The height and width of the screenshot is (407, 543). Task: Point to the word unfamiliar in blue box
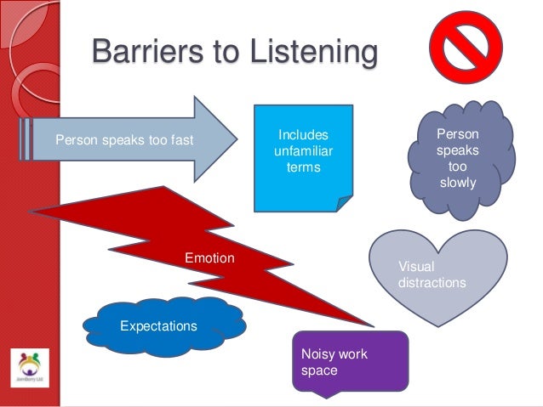[304, 151]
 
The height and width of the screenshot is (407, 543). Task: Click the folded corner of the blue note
[342, 202]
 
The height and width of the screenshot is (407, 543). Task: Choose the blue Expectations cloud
[159, 325]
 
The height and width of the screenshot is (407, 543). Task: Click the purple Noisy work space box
[348, 361]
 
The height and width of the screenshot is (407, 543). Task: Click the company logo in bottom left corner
[29, 368]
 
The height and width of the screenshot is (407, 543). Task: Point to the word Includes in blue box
[303, 135]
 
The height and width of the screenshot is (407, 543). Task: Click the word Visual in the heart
[416, 267]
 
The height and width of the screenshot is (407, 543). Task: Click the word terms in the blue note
[303, 167]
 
